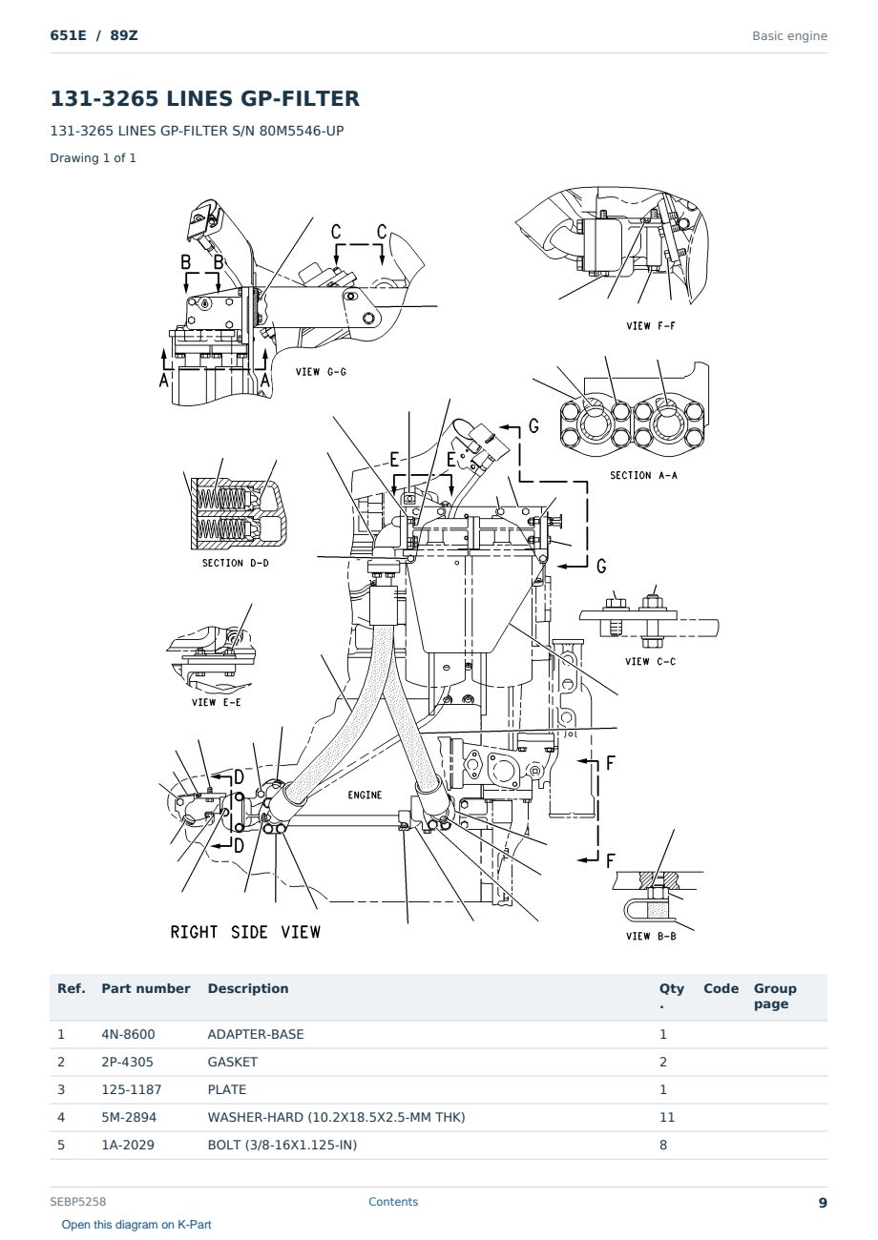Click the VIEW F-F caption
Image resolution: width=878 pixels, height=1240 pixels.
(x=650, y=326)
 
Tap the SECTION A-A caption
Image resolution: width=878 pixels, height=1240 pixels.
(x=643, y=475)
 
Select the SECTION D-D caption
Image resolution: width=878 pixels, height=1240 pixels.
(x=235, y=563)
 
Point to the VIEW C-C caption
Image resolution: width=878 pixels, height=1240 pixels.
(x=650, y=662)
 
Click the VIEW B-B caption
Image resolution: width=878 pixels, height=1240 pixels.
(x=651, y=936)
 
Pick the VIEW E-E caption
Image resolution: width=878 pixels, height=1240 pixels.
(x=216, y=702)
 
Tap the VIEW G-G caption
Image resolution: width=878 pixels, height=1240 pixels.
(x=321, y=372)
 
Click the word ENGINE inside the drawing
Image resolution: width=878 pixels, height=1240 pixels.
(x=365, y=795)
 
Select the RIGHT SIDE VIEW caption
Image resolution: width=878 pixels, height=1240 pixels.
(x=245, y=932)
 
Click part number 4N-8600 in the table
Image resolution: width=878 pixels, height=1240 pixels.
(x=128, y=1034)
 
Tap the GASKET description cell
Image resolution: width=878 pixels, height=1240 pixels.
(x=232, y=1062)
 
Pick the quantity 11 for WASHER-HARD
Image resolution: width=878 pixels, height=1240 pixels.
(x=667, y=1117)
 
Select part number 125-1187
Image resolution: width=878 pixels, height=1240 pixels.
(x=132, y=1089)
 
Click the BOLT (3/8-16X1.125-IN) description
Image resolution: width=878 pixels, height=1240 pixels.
(x=282, y=1145)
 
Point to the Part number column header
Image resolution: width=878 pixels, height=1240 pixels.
(x=146, y=988)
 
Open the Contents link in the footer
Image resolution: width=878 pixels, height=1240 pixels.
(x=393, y=1202)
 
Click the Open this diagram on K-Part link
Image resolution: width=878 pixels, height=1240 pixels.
(x=136, y=1225)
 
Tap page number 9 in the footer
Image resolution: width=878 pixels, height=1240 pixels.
(x=823, y=1203)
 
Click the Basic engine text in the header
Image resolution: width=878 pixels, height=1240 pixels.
(x=789, y=36)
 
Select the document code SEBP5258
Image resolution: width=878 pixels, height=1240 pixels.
(x=77, y=1202)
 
